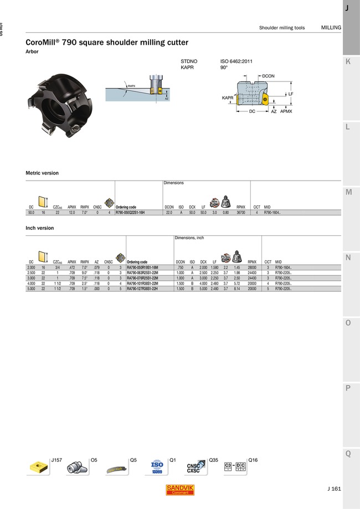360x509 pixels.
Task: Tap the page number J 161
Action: [x=333, y=489]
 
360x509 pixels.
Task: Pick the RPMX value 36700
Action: [x=241, y=212]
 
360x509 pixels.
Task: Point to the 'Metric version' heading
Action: [x=42, y=173]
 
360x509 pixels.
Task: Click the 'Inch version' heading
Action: [x=40, y=228]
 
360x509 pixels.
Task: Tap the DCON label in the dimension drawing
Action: [x=268, y=75]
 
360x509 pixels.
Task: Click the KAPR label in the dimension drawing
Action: [x=228, y=97]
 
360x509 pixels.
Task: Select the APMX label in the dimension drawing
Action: [x=286, y=111]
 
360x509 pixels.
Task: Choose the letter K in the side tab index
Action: [x=347, y=62]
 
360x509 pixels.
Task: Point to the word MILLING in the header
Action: [x=331, y=28]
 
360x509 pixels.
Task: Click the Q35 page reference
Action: [x=214, y=460]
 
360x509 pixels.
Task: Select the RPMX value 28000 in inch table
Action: [x=252, y=267]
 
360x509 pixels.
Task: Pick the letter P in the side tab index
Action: [x=347, y=388]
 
